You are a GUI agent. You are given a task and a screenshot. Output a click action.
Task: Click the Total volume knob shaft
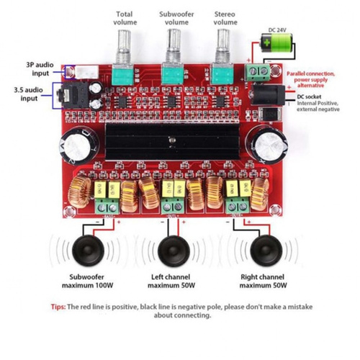(x=125, y=45)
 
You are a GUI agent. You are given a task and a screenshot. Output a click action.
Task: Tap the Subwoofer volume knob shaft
(x=174, y=45)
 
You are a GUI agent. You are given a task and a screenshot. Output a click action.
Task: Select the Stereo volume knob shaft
(x=223, y=45)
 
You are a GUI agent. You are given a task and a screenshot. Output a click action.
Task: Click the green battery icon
(x=276, y=42)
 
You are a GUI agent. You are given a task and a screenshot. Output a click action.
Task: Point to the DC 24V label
(x=277, y=30)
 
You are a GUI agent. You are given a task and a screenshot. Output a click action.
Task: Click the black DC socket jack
(x=267, y=95)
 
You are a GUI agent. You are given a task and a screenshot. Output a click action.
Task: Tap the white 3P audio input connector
(x=86, y=72)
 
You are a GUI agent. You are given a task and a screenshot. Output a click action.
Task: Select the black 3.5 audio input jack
(x=72, y=95)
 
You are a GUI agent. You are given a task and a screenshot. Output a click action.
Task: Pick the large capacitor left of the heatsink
(x=78, y=145)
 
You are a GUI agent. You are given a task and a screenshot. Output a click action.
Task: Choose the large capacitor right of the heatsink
(x=269, y=144)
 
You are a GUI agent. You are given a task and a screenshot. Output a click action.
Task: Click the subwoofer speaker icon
(x=88, y=251)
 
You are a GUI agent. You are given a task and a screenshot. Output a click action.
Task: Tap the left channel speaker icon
(x=174, y=251)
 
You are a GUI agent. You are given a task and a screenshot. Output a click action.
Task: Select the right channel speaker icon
(x=266, y=251)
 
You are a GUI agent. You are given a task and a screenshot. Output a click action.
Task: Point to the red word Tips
(x=58, y=307)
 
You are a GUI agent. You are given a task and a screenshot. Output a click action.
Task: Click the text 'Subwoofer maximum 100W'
(x=87, y=281)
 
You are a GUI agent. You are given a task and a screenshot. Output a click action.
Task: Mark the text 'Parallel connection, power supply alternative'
(x=310, y=79)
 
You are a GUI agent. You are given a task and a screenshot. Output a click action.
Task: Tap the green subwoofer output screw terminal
(x=107, y=207)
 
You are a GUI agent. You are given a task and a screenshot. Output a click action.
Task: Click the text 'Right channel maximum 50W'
(x=263, y=281)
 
